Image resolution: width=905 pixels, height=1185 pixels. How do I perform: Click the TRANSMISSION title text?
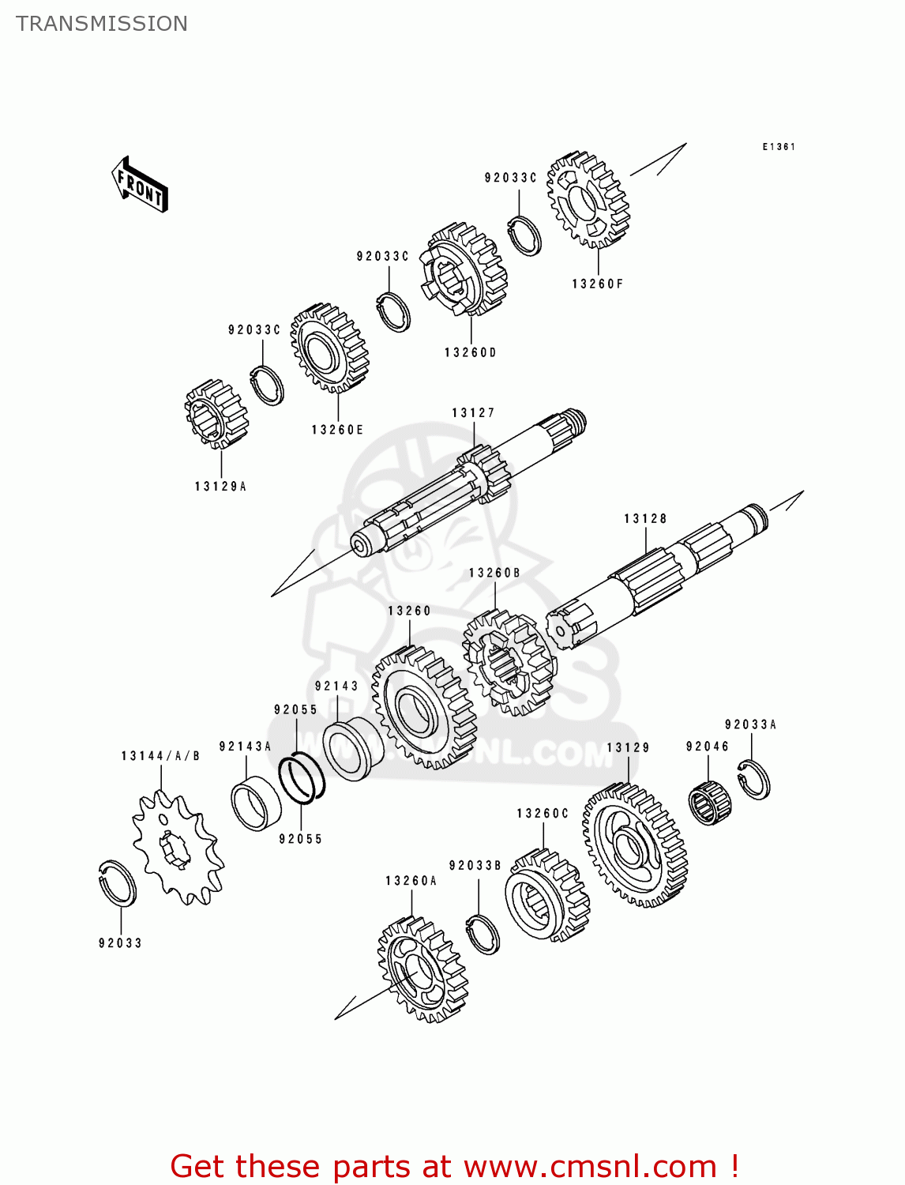click(102, 24)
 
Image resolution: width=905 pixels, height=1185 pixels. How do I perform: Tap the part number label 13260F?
click(598, 284)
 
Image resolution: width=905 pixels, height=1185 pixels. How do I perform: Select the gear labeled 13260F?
click(588, 200)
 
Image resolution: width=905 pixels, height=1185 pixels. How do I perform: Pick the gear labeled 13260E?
click(329, 348)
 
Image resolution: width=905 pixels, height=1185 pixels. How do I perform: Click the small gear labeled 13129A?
click(216, 413)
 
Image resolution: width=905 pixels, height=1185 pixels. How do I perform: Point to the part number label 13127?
click(473, 412)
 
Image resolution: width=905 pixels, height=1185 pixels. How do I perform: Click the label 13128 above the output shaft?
click(645, 518)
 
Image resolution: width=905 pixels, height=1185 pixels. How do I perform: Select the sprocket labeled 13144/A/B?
click(178, 849)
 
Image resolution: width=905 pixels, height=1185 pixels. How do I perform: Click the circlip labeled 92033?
click(118, 882)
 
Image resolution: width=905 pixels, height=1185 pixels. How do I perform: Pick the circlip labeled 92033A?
click(754, 779)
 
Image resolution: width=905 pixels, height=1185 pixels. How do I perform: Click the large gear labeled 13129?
click(635, 846)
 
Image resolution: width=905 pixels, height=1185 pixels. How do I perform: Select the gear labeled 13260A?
click(422, 969)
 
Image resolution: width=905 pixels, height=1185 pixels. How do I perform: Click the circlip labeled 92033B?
click(483, 933)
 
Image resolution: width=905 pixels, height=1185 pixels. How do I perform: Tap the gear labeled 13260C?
click(546, 896)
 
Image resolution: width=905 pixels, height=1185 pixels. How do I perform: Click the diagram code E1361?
click(779, 147)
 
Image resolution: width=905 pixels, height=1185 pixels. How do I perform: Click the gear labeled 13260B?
click(509, 662)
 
